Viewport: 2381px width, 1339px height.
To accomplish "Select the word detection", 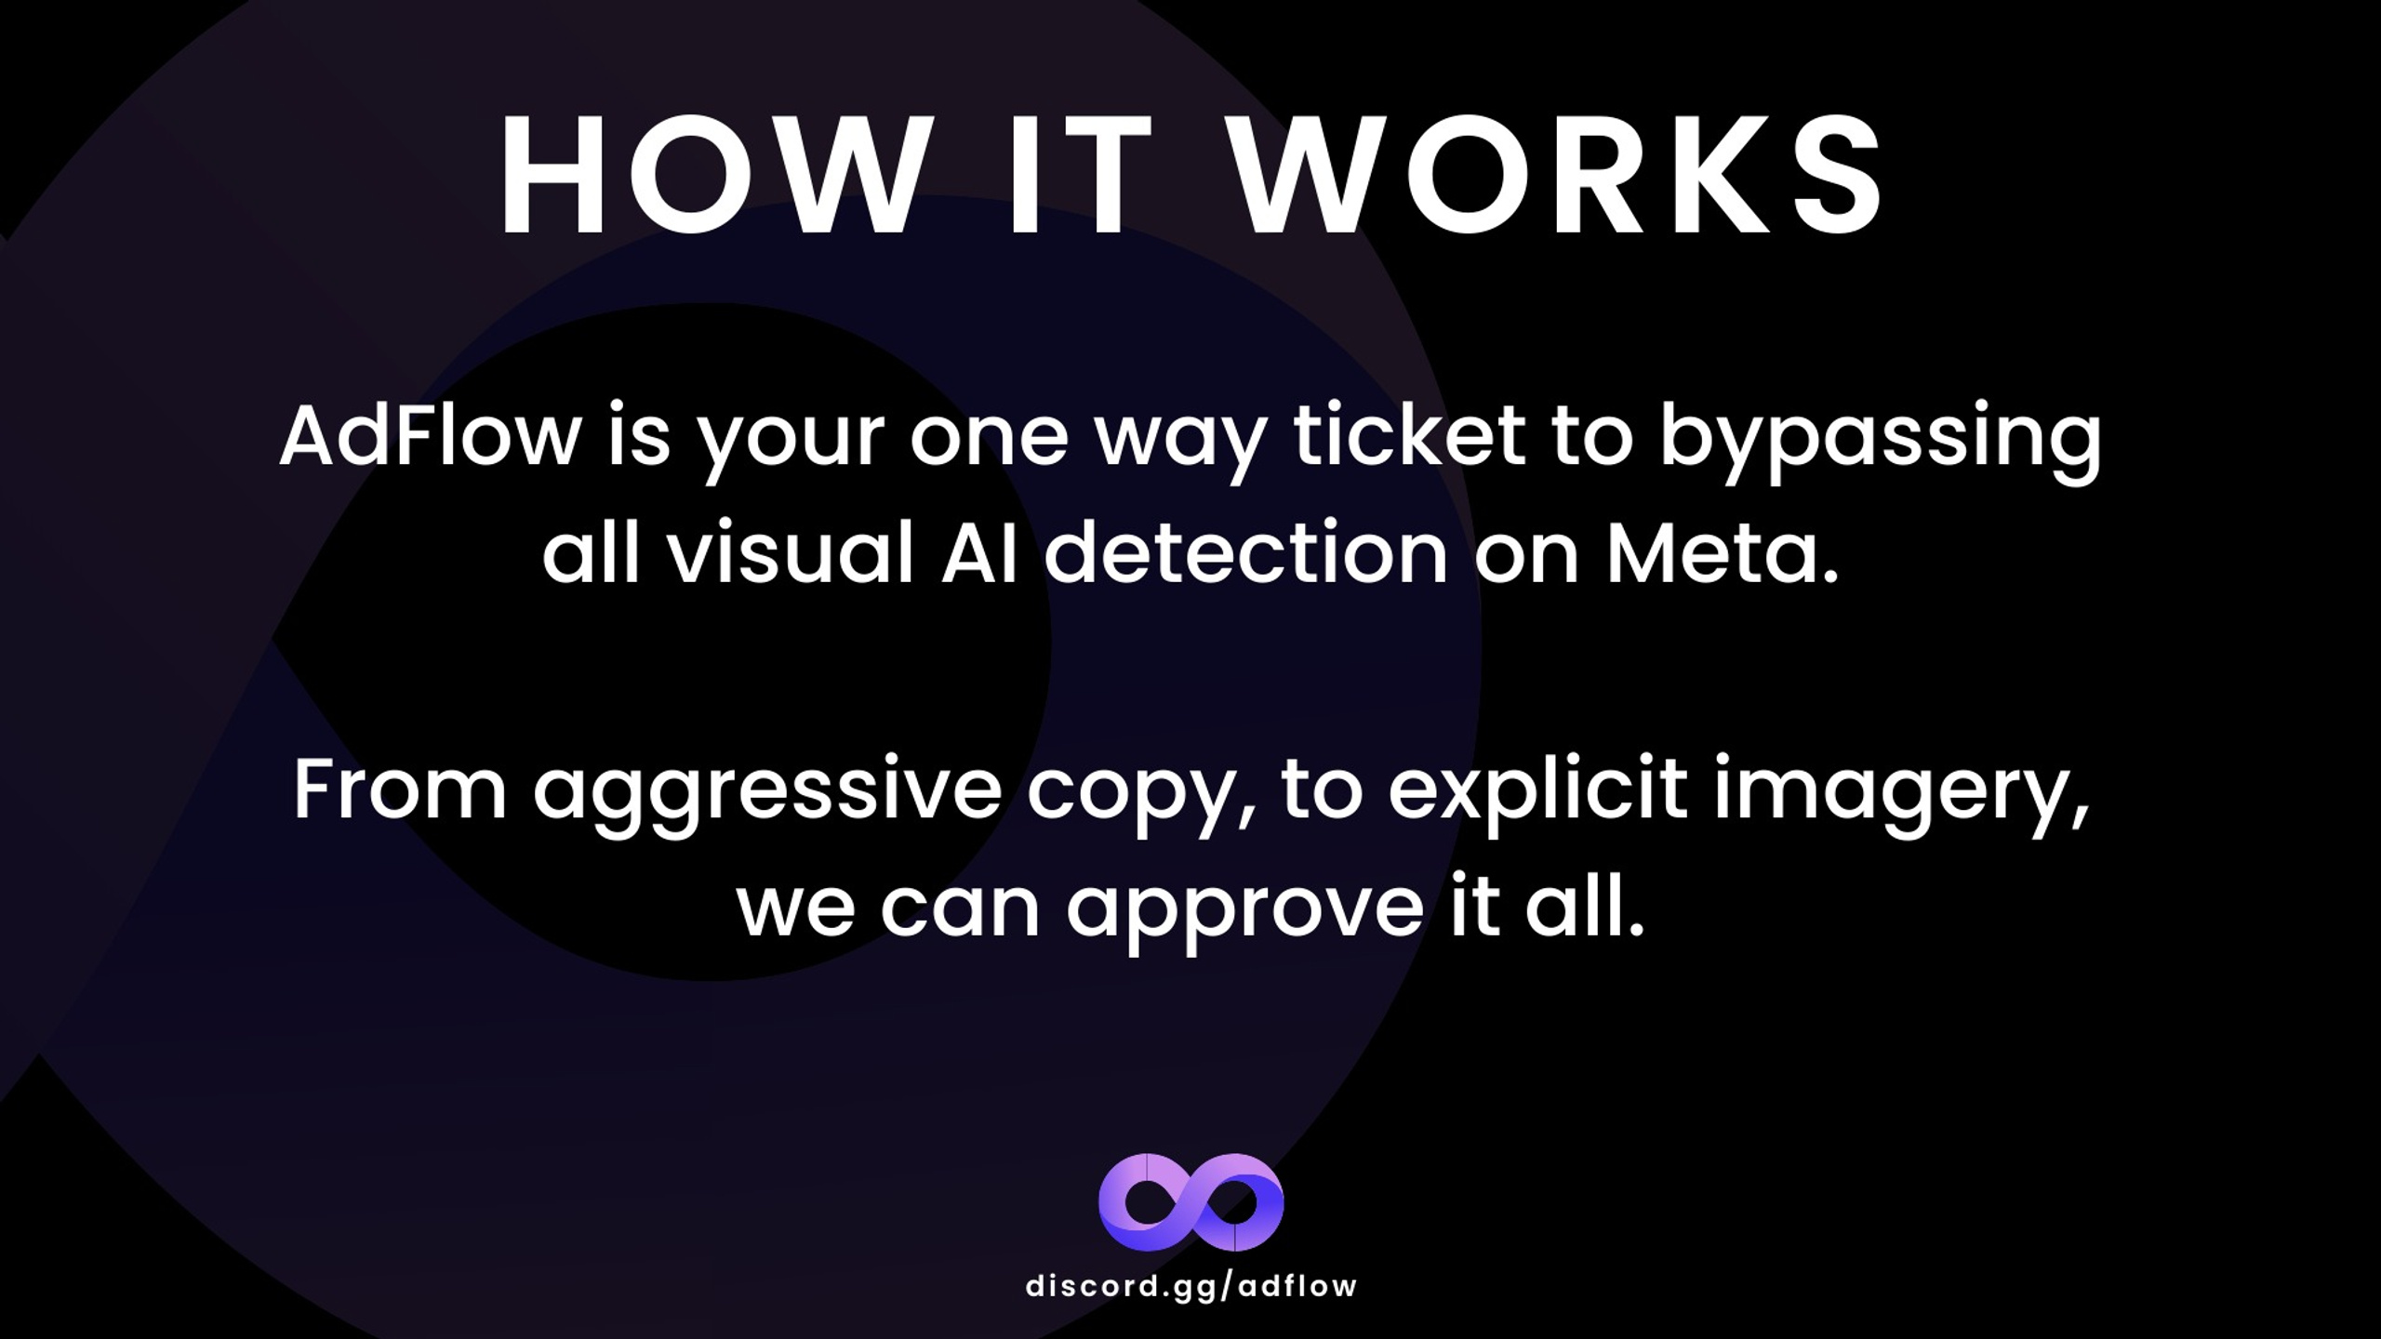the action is (x=1245, y=553).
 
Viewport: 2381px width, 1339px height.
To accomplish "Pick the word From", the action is (x=400, y=789).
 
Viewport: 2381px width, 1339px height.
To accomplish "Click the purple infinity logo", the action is (x=1190, y=1202).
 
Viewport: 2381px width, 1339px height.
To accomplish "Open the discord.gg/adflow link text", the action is (x=1190, y=1286).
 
